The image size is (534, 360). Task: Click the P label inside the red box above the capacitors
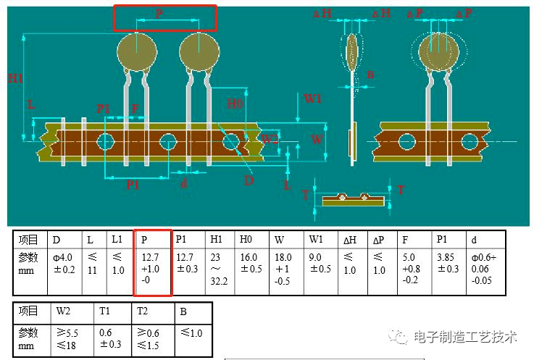pyautogui.click(x=159, y=14)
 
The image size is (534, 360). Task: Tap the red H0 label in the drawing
pyautogui.click(x=234, y=104)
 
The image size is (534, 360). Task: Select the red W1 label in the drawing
pyautogui.click(x=312, y=99)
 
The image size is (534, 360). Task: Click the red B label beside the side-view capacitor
pyautogui.click(x=370, y=74)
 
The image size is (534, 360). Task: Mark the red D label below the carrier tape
pyautogui.click(x=249, y=180)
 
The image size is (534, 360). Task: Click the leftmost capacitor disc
pyautogui.click(x=137, y=51)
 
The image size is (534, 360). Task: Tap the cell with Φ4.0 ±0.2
pyautogui.click(x=64, y=263)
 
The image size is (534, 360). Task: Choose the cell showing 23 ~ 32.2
pyautogui.click(x=218, y=269)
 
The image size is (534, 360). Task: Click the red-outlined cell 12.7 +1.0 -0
pyautogui.click(x=152, y=269)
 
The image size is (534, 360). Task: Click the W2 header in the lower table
pyautogui.click(x=63, y=312)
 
